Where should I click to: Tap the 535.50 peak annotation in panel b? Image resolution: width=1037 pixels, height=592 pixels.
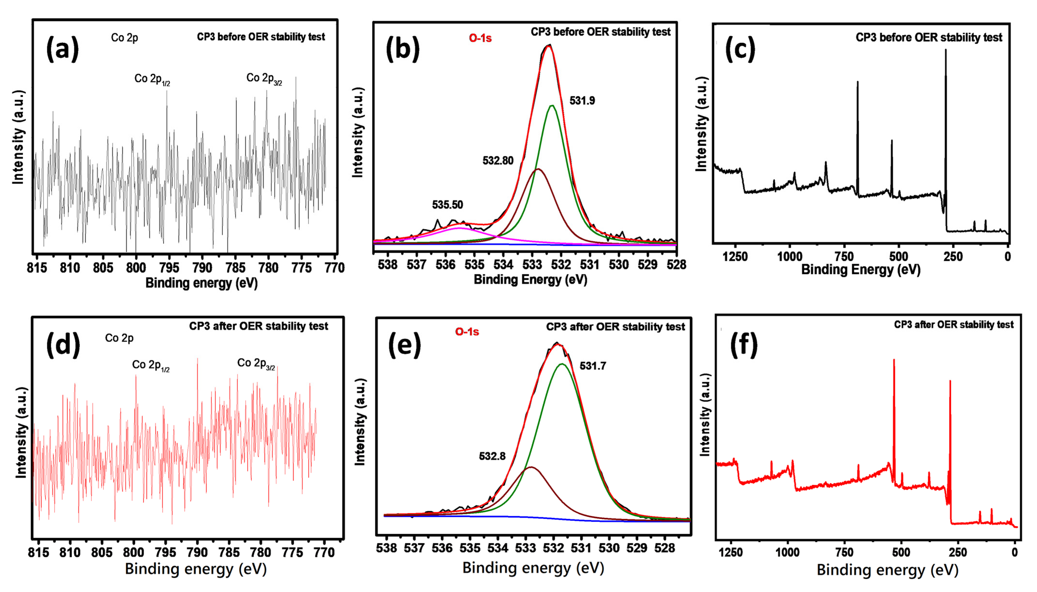coord(447,205)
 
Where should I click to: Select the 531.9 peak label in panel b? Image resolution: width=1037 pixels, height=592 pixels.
coord(582,100)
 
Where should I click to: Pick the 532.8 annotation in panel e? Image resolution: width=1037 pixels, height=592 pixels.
coord(492,456)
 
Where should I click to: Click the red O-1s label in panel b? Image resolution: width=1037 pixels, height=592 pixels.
coord(480,38)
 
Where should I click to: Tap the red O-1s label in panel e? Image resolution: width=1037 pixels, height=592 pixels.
coord(467,332)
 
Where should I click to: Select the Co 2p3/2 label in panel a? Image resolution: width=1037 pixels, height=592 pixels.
coord(264,78)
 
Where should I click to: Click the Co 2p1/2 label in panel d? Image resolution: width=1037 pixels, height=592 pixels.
coord(151,365)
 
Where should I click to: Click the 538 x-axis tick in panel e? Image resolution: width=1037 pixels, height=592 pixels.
coord(386,548)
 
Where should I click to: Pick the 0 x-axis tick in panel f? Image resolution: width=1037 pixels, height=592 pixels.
coord(1015,552)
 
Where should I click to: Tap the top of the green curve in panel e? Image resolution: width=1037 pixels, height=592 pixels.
coord(562,364)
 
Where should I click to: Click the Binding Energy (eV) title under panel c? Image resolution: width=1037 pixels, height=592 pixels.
coord(860,270)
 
